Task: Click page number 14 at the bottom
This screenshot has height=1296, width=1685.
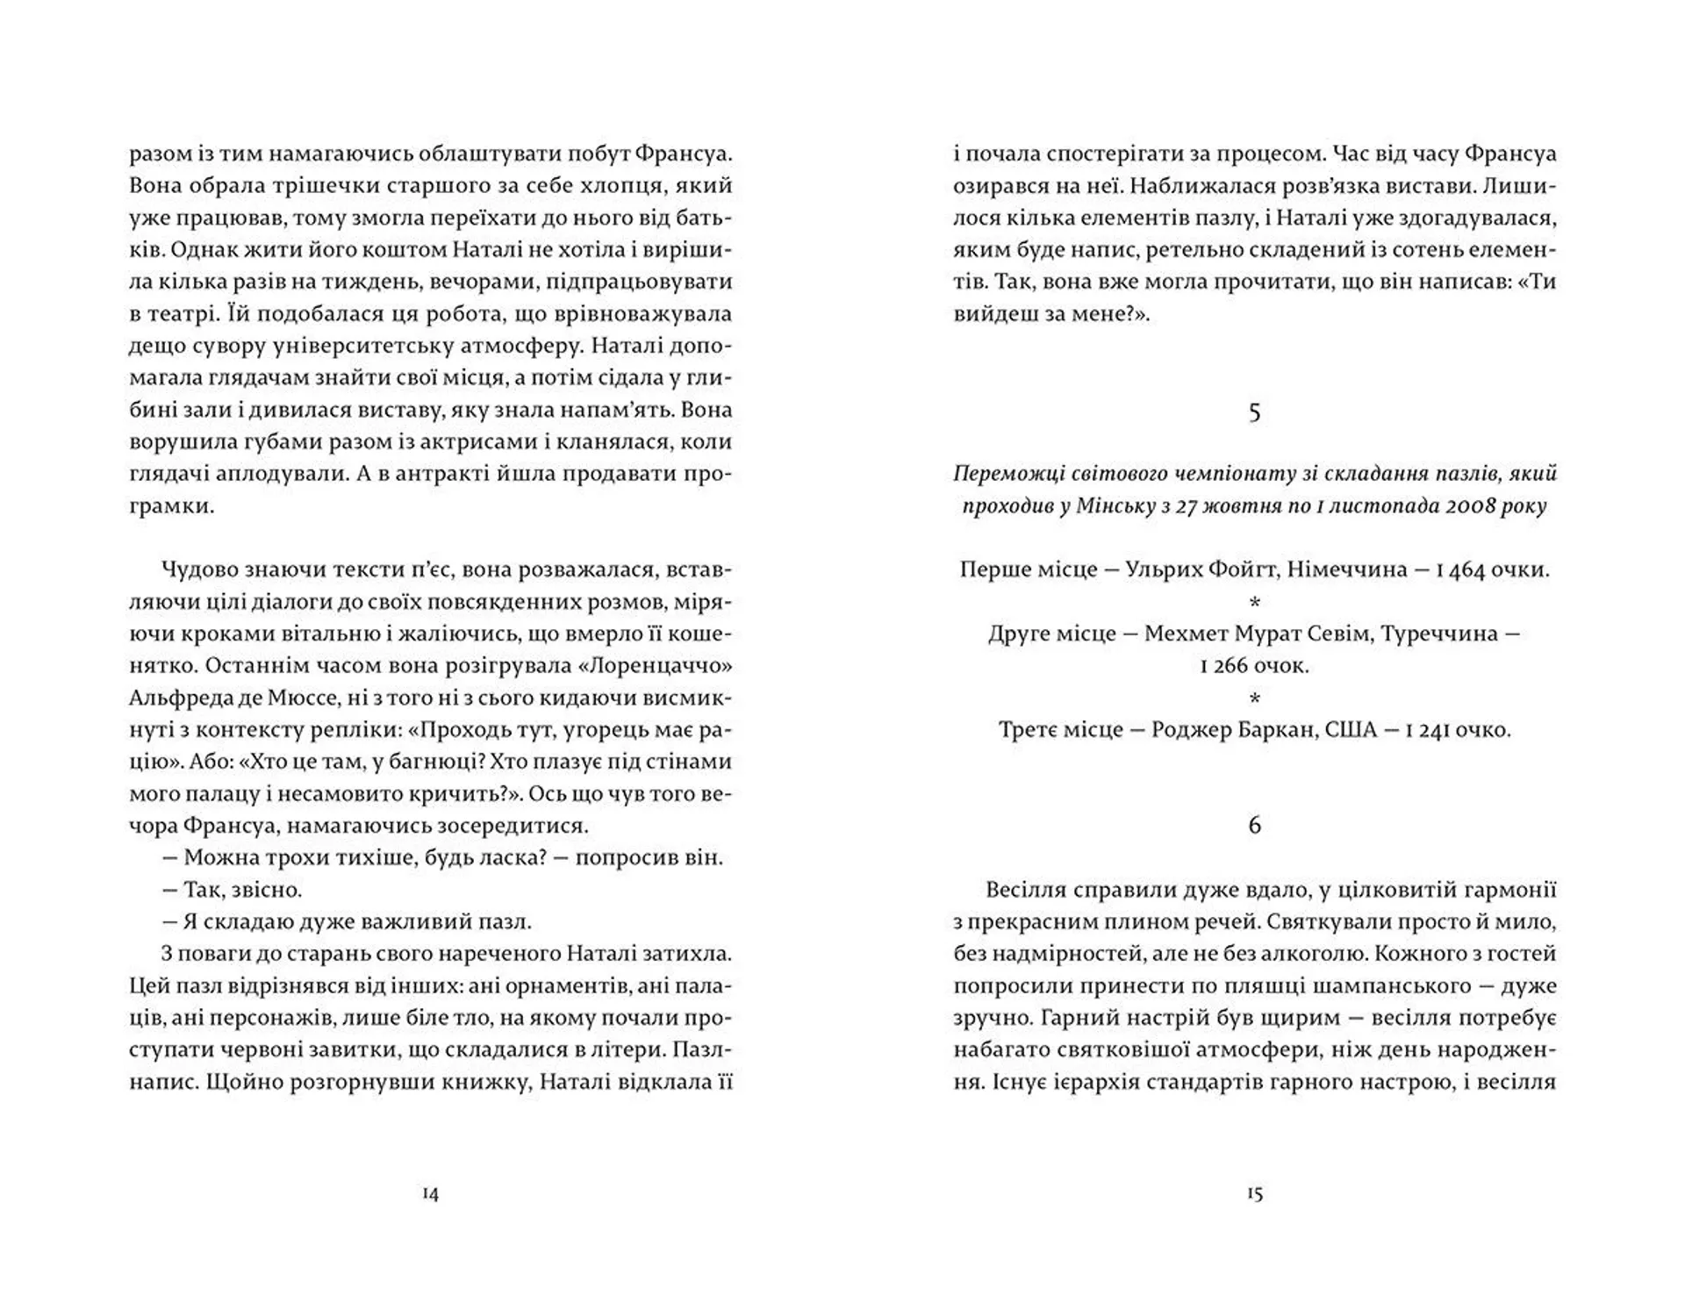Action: (x=430, y=1194)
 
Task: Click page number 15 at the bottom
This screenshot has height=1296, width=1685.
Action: (x=1254, y=1194)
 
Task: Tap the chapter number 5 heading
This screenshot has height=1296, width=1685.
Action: (x=1254, y=412)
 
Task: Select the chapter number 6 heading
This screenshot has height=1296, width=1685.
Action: (x=1254, y=825)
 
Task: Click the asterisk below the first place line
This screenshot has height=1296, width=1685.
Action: (x=1254, y=603)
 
